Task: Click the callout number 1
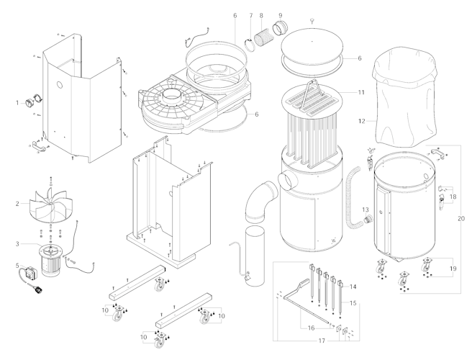pos(17,103)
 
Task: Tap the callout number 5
pos(17,266)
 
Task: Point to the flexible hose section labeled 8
pos(264,38)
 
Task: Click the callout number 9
pos(281,15)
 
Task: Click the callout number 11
pos(361,92)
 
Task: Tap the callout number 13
pos(366,210)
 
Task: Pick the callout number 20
pos(461,219)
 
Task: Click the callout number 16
pos(312,328)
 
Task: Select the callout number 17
pos(322,341)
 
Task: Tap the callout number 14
pos(353,287)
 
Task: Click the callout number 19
pos(453,269)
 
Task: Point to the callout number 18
pos(453,197)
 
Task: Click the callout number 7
pos(251,15)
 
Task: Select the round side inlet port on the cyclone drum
pos(288,180)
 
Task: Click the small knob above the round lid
pos(312,21)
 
